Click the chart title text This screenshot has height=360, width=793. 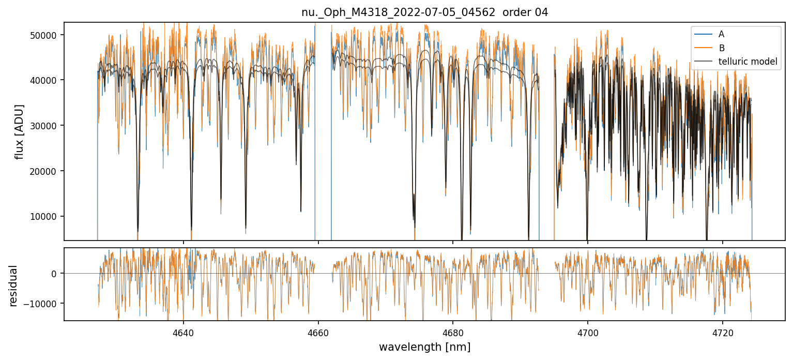424,12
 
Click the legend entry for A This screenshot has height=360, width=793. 722,35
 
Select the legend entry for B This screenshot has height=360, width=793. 722,48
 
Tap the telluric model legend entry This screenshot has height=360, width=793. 748,62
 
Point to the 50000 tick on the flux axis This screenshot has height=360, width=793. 43,35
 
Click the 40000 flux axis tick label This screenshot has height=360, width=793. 43,80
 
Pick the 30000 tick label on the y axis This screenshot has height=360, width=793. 43,126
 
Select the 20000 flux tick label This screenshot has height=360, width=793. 43,171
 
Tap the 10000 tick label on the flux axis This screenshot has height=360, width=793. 43,217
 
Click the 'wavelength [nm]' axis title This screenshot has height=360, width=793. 424,347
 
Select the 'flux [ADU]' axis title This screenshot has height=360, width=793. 20,131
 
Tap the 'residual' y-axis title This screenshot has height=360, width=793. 13,286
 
